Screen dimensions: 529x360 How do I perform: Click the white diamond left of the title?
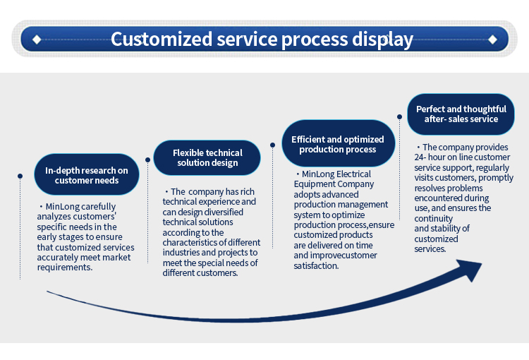[37, 40]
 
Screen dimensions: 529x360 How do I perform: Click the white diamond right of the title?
[492, 40]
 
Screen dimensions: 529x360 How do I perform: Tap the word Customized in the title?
[162, 39]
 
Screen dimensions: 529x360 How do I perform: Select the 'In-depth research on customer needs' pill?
[87, 174]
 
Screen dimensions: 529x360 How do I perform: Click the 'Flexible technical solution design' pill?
[207, 157]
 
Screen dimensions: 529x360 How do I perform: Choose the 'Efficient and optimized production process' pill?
[338, 143]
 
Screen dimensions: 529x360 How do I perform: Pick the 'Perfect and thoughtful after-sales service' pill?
[461, 114]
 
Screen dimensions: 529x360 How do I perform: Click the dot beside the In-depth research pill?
[20, 176]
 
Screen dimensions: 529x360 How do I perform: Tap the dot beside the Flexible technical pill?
[148, 160]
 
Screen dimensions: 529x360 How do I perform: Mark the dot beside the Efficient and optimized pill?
[272, 145]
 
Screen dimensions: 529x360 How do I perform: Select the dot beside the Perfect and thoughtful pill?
[399, 117]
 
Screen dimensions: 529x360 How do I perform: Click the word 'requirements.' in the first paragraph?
[65, 268]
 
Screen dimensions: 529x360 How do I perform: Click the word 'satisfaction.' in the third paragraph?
[316, 266]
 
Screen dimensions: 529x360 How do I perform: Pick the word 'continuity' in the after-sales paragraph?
[434, 219]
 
